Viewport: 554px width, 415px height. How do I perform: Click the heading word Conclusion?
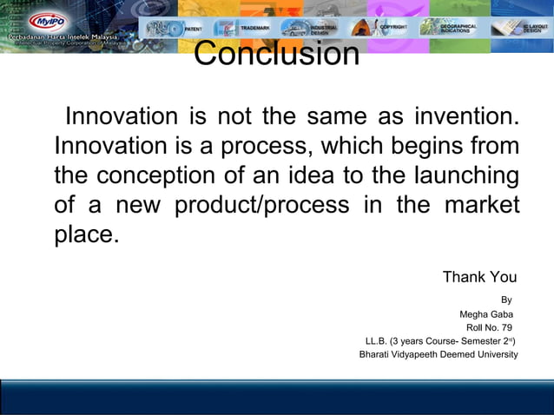276,54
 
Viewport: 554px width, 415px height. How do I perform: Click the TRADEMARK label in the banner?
255,29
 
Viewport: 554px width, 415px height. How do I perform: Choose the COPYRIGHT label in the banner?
393,29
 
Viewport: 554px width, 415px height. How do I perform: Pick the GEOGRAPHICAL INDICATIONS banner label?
458,29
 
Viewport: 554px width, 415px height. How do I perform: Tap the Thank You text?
479,277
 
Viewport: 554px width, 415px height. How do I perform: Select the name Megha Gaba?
485,314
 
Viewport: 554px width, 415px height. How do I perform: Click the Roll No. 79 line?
489,327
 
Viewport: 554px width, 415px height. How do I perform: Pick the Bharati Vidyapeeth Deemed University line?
439,354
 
